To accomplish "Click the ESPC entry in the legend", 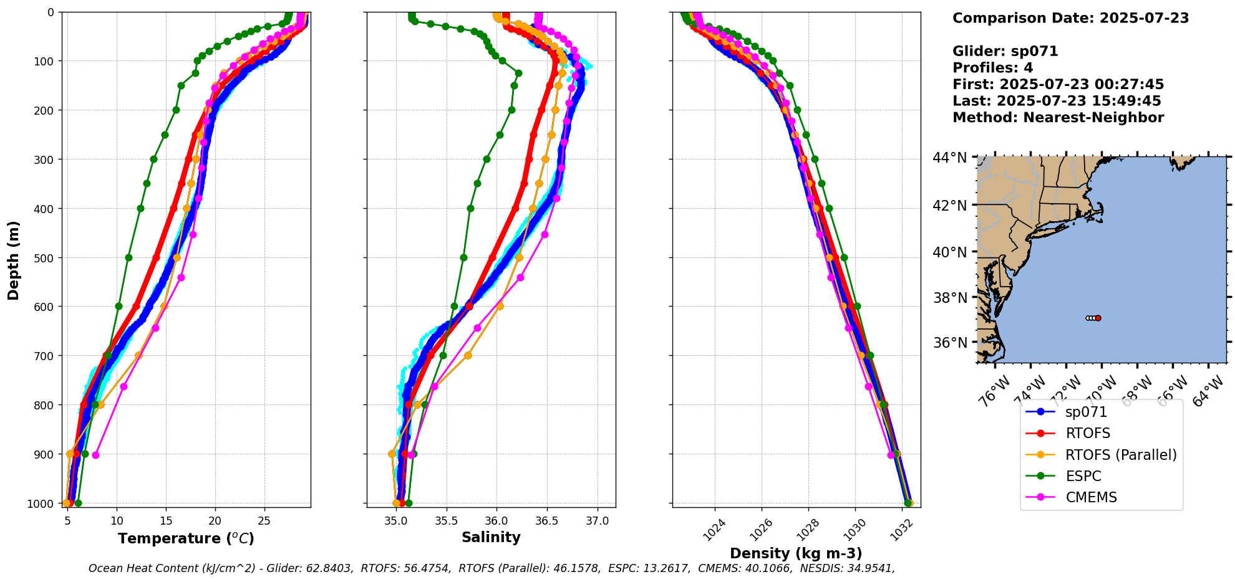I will [1083, 476].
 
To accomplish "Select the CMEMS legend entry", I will [1090, 497].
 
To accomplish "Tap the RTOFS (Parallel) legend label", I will [1121, 455].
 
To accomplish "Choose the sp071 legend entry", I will [1086, 412].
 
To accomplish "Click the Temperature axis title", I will [186, 538].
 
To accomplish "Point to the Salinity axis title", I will [491, 537].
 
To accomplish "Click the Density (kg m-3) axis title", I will [796, 553].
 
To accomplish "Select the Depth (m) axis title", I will [14, 260].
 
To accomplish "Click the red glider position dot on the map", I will [1098, 318].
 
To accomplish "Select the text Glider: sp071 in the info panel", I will [1005, 51].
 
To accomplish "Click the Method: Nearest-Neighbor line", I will [1058, 117].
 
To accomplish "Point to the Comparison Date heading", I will [1070, 18].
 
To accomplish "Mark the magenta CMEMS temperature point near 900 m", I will [95, 455].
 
